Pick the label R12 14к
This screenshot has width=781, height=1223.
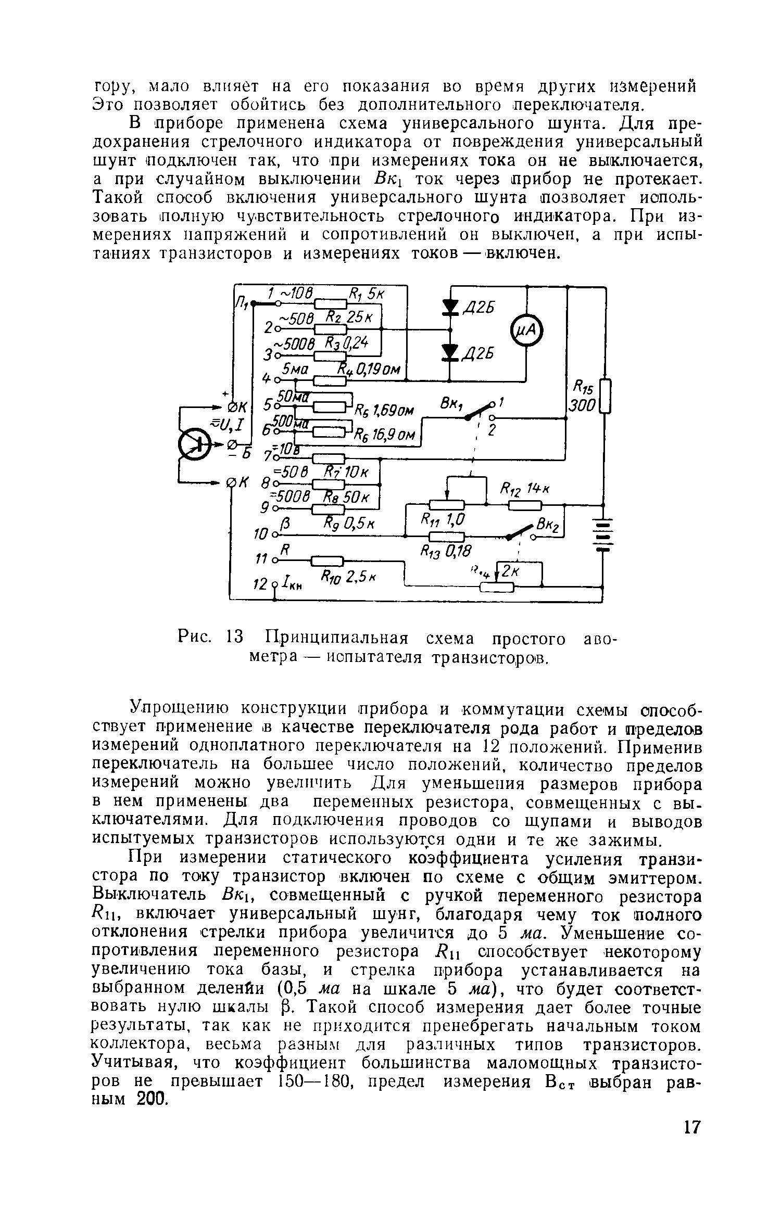click(521, 489)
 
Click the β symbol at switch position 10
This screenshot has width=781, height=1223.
click(284, 523)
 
